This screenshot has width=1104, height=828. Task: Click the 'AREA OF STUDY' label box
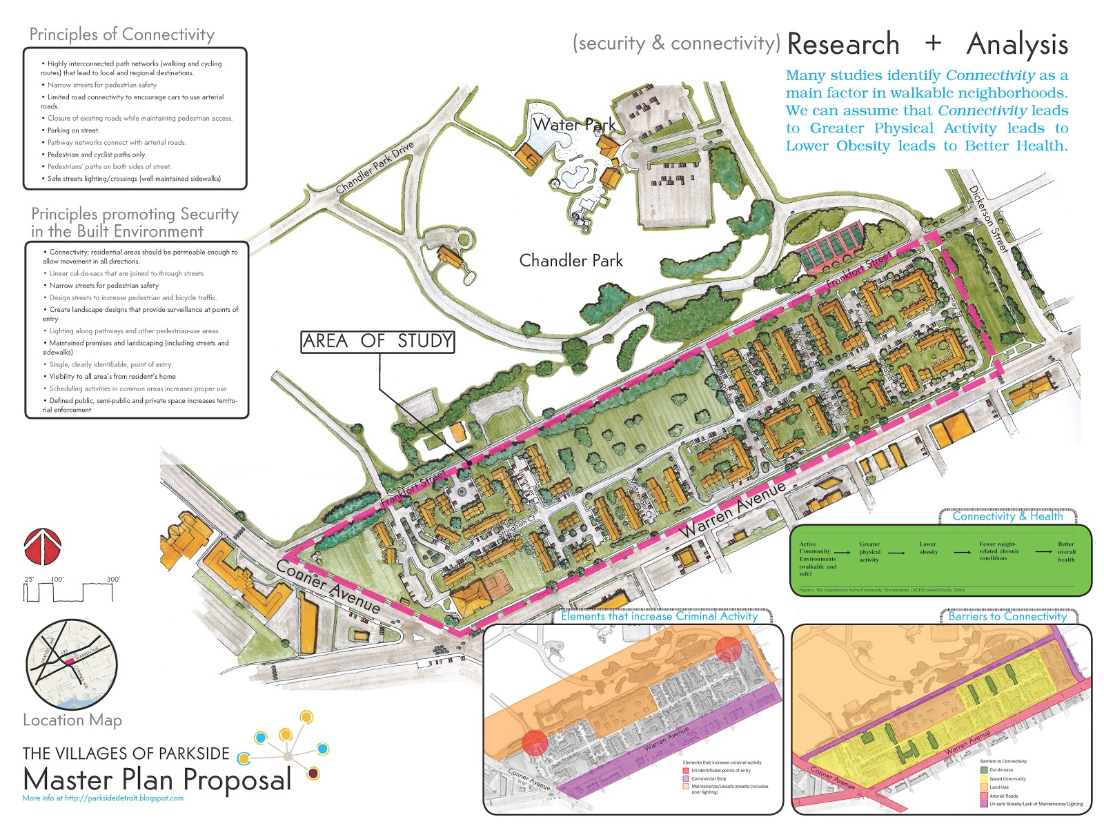tap(377, 342)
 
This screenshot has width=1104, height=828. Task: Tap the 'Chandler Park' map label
tap(571, 261)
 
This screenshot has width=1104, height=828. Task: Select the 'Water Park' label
tap(573, 125)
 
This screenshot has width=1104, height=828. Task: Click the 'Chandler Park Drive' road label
tap(375, 168)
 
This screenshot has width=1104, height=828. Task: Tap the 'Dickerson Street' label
tap(988, 219)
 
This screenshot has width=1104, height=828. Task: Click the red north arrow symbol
tap(43, 547)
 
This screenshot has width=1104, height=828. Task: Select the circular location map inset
tap(72, 664)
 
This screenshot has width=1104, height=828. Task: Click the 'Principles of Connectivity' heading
tap(121, 34)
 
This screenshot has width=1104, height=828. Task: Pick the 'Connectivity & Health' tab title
tap(1007, 516)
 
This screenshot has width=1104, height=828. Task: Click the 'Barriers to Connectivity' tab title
tap(1007, 616)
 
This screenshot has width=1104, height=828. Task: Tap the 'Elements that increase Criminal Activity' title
tap(659, 616)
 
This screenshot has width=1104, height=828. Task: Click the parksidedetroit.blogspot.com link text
tap(103, 798)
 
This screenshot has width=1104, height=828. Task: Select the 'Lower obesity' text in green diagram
tap(928, 548)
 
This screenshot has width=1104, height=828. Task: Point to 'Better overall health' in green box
tap(1066, 551)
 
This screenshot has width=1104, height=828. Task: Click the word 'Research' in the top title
tap(842, 44)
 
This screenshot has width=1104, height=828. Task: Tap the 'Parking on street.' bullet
tap(73, 130)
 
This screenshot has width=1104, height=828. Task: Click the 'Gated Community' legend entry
tap(1007, 778)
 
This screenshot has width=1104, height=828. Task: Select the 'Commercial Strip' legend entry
tap(709, 778)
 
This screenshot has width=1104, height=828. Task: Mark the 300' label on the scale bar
tap(112, 579)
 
